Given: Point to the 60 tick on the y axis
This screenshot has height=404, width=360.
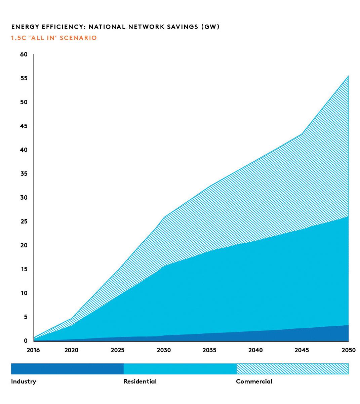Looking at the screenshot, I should pos(24,54).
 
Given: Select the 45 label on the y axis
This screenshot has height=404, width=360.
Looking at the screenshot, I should pos(24,126).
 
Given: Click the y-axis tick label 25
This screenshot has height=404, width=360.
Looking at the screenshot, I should pos(24,221).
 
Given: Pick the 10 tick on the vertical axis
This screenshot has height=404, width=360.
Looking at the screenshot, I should pos(24,293).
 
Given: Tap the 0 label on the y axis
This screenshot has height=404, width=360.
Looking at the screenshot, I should pos(26,341).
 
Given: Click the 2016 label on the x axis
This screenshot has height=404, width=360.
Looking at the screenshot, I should pos(33,350).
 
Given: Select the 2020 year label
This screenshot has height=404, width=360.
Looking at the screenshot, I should pos(71,350).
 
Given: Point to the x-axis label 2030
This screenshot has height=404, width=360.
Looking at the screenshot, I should pos(164,350).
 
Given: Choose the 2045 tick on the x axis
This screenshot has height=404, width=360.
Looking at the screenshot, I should pos(302,350).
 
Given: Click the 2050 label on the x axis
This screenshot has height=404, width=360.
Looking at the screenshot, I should pos(348,350).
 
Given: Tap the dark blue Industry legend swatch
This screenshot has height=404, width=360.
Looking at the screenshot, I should pos(67,369).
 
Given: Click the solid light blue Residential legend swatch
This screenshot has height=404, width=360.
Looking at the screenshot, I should pos(180,369).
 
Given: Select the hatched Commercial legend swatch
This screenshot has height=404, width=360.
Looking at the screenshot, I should pos(292,369).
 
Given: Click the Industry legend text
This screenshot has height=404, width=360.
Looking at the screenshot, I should pos(24,381).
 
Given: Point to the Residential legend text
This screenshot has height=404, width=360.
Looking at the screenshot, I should pos(140,381).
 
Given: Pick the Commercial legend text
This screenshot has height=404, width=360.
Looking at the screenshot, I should pos(254,381).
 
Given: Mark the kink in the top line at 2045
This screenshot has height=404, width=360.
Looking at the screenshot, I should pos(302,134).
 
